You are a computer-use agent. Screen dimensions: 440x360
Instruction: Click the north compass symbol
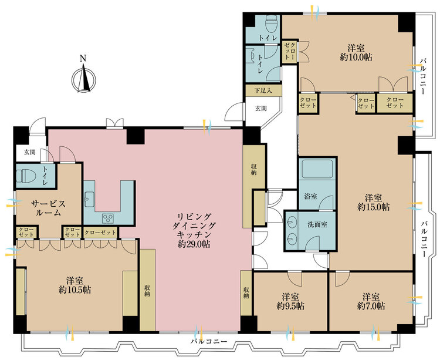coord(84,79)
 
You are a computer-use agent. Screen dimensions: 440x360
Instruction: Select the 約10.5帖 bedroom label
coord(75,285)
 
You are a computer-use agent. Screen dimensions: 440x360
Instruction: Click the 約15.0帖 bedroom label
coord(373,202)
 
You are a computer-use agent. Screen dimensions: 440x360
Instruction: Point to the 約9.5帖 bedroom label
coord(290,301)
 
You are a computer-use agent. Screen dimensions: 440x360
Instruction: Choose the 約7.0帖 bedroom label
coord(371,301)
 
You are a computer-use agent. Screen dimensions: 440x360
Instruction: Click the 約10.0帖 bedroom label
coord(356,52)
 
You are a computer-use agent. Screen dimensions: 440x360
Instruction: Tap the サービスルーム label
coord(48,208)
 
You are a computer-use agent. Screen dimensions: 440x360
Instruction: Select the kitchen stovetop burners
coord(108,218)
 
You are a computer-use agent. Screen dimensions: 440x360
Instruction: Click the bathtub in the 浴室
coord(317,169)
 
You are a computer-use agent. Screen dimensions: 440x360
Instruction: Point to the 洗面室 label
coord(317,224)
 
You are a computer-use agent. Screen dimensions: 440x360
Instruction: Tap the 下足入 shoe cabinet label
coord(263,90)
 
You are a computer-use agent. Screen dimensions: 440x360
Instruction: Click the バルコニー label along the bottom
coord(209,341)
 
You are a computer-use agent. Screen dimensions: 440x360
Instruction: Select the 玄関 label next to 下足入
coord(261,109)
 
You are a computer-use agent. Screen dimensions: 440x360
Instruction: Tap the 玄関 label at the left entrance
coord(29,153)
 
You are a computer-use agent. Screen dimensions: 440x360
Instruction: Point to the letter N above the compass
coord(83,58)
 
